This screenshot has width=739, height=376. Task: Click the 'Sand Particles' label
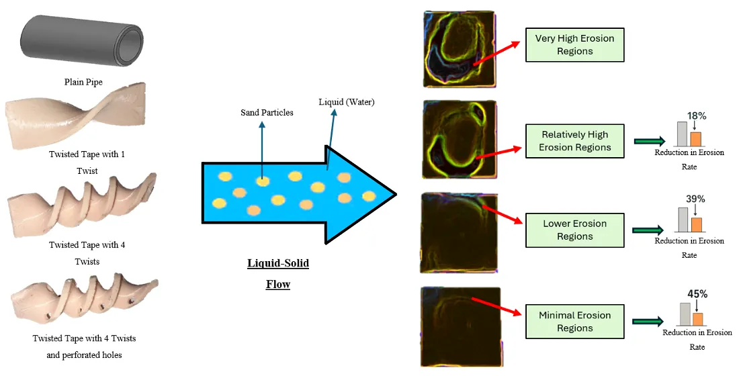click(267, 112)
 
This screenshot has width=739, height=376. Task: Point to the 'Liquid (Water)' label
click(346, 102)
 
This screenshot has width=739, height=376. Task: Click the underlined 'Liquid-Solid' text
click(277, 263)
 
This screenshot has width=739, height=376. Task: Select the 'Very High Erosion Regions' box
click(574, 45)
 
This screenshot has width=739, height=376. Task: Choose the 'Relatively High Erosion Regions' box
click(574, 141)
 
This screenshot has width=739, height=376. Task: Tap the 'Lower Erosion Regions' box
click(574, 230)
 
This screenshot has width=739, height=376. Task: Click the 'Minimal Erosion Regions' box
click(574, 322)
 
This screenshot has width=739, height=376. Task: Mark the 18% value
click(696, 116)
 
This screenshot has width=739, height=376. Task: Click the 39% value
click(695, 199)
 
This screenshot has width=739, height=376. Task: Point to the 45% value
click(697, 293)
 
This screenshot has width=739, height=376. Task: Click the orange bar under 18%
click(695, 139)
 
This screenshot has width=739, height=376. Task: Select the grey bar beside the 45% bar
click(685, 314)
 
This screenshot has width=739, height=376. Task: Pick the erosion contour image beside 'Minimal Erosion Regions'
click(460, 326)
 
